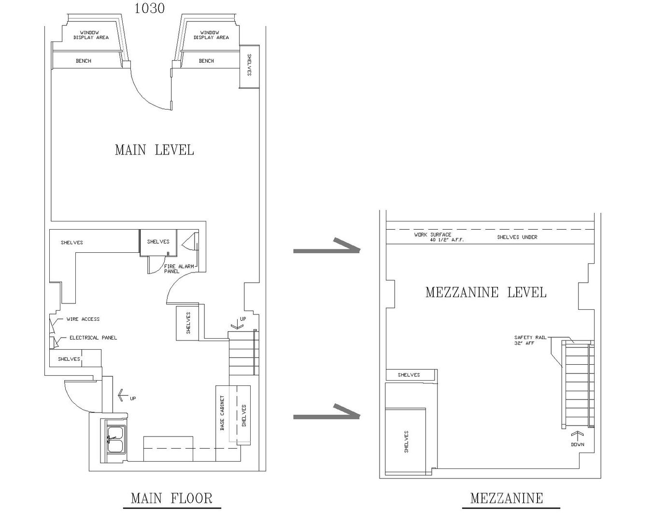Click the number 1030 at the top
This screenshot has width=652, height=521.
click(149, 8)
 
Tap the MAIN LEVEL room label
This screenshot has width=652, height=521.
click(154, 150)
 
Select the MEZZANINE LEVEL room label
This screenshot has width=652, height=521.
click(486, 292)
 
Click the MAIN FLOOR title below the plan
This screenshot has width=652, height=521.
click(171, 498)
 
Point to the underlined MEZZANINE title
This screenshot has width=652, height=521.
click(507, 498)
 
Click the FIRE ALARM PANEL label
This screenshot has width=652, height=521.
click(179, 269)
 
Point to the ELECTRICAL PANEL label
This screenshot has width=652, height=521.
click(93, 338)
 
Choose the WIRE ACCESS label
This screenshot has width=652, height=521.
click(83, 319)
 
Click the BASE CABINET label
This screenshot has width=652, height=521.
click(222, 413)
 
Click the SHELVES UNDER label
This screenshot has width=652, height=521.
click(517, 237)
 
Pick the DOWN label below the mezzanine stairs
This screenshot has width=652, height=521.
click(577, 444)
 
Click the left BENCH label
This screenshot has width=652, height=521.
click(84, 61)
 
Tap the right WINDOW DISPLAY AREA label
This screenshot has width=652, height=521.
click(211, 35)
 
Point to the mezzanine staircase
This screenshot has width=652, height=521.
click(577, 384)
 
